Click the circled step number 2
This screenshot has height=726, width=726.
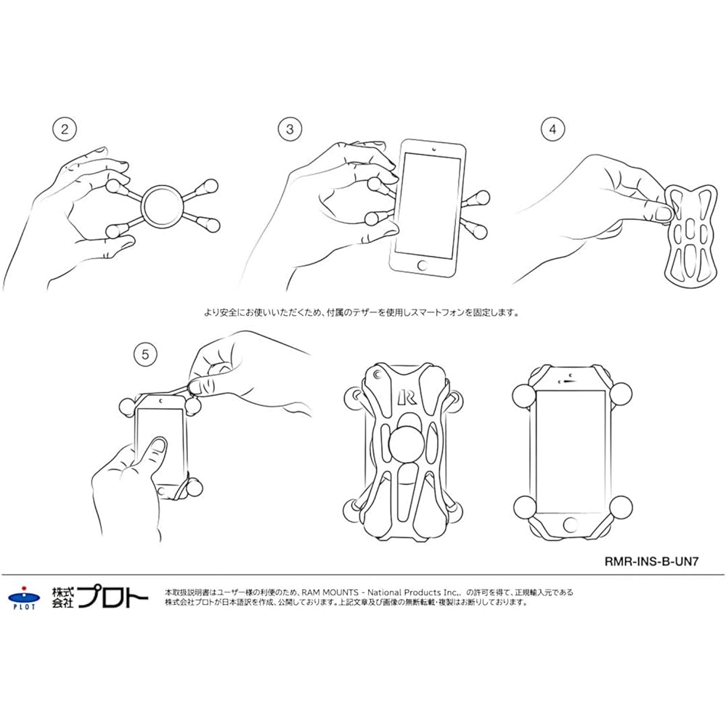(65, 130)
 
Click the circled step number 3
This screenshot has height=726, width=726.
(290, 130)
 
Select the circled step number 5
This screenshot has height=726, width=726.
(145, 354)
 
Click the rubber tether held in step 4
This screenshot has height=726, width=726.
(688, 232)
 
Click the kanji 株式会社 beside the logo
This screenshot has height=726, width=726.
(62, 597)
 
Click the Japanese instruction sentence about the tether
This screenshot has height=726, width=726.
(362, 314)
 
